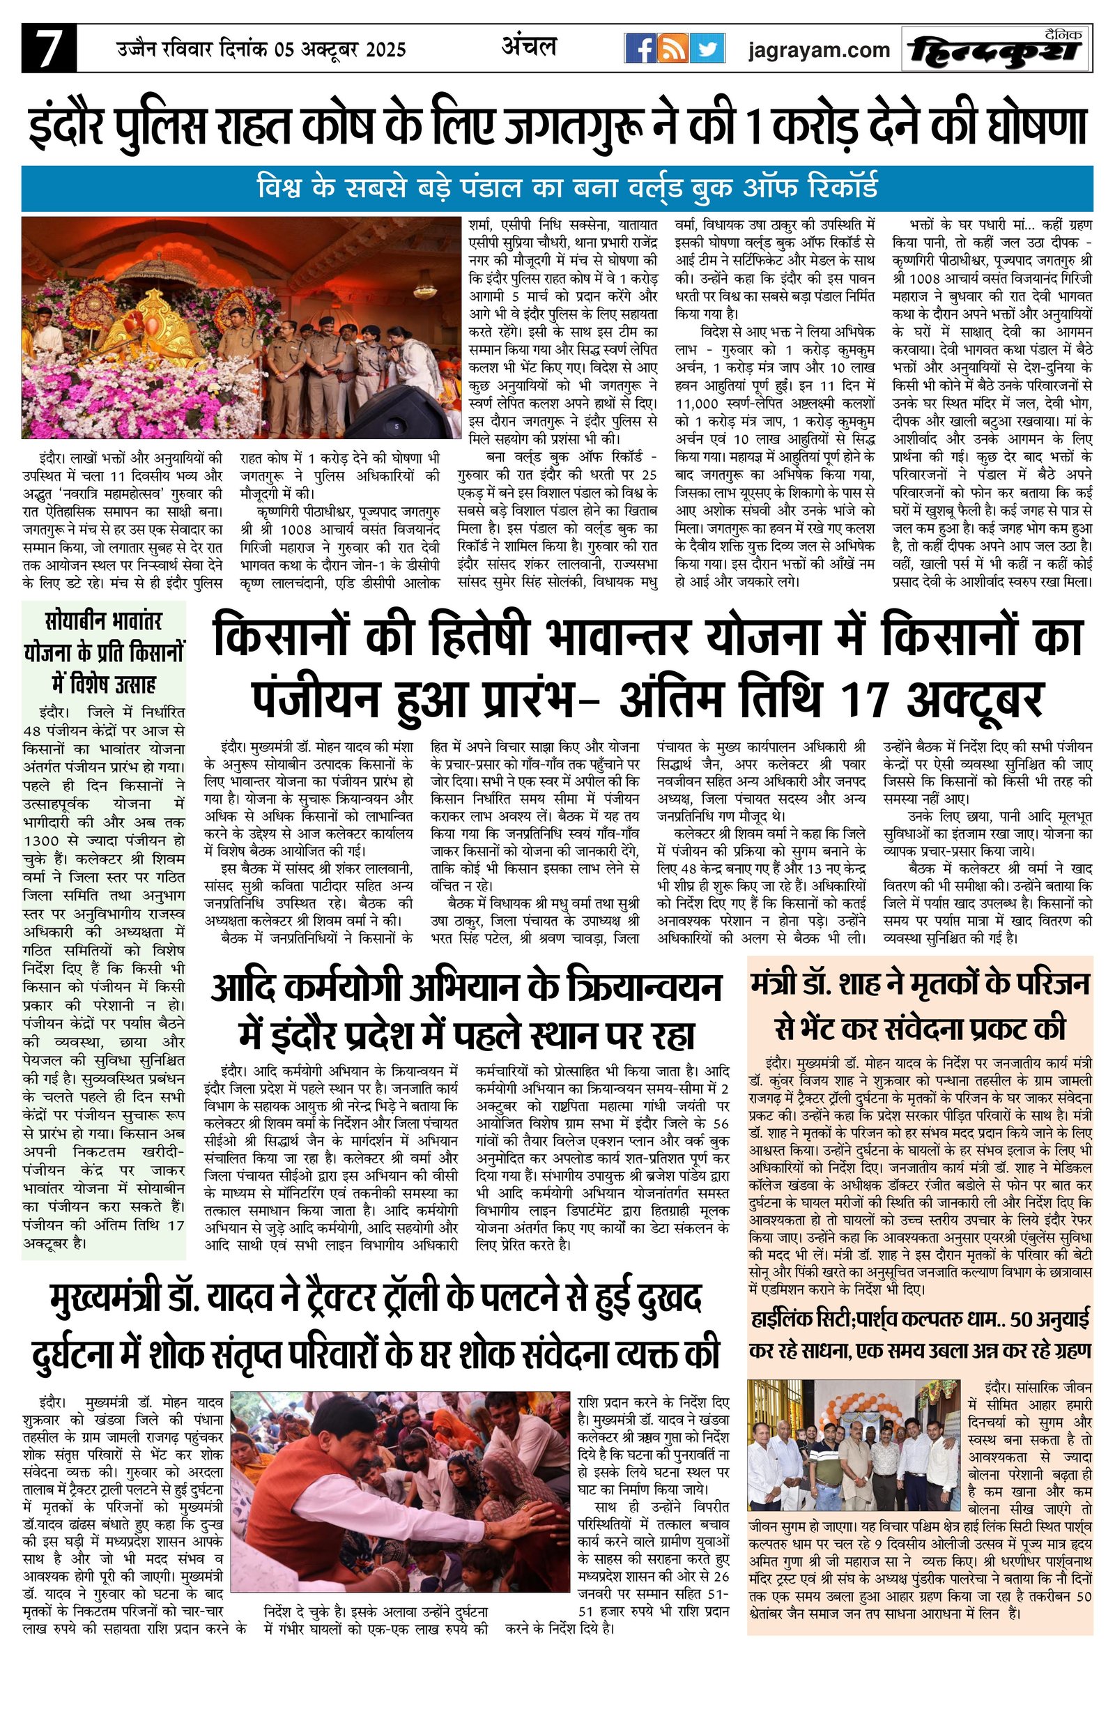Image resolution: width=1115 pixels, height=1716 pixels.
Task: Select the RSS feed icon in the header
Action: pyautogui.click(x=674, y=49)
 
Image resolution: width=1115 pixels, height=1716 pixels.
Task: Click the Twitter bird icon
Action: pyautogui.click(x=709, y=49)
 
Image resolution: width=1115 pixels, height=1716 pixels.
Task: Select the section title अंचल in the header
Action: pyautogui.click(x=528, y=46)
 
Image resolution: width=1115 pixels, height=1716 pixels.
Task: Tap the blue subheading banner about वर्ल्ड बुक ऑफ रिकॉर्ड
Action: pyautogui.click(x=556, y=189)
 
